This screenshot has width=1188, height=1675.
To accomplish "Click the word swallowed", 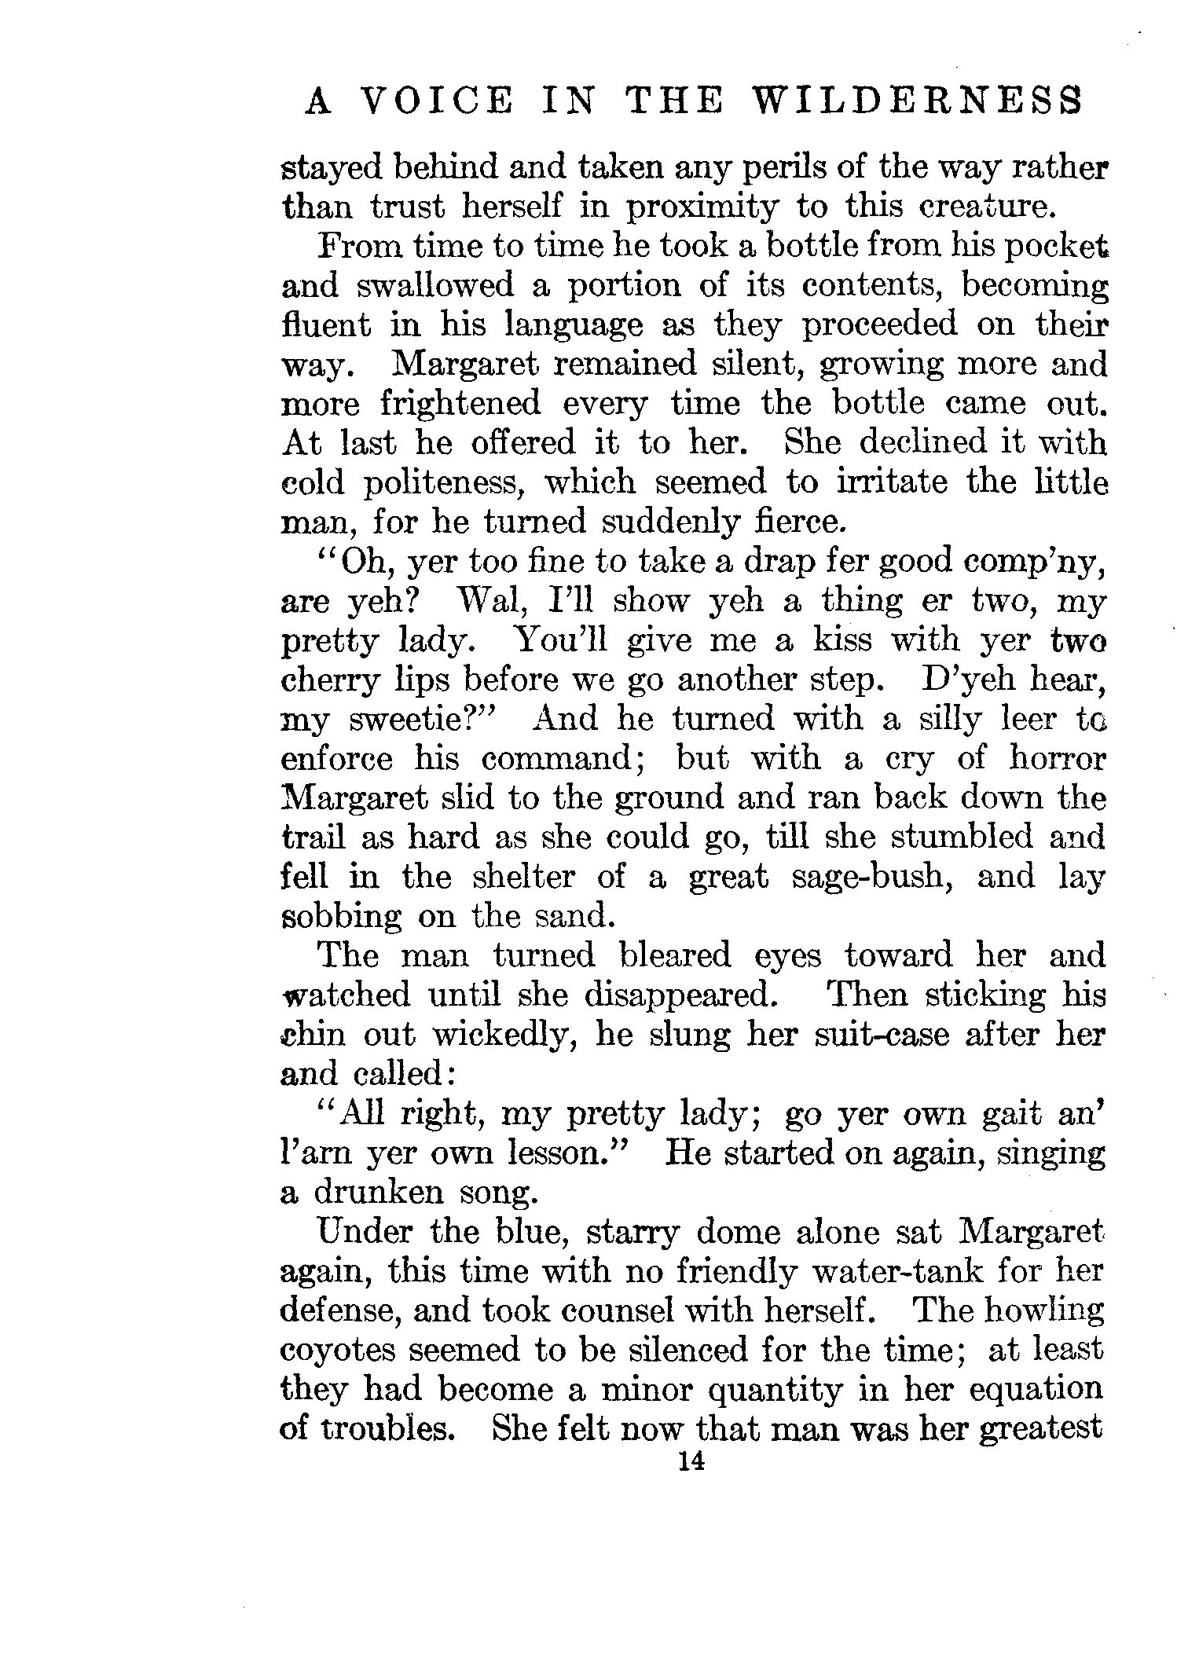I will click(434, 284).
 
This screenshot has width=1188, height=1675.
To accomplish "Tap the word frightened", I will click(460, 403).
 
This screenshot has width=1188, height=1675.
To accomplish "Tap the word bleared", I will click(675, 955).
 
